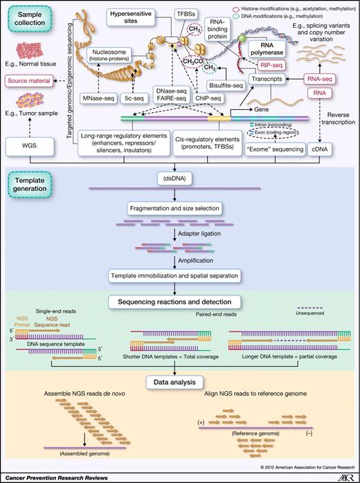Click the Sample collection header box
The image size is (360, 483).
[30, 19]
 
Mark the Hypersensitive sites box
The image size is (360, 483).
[132, 17]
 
